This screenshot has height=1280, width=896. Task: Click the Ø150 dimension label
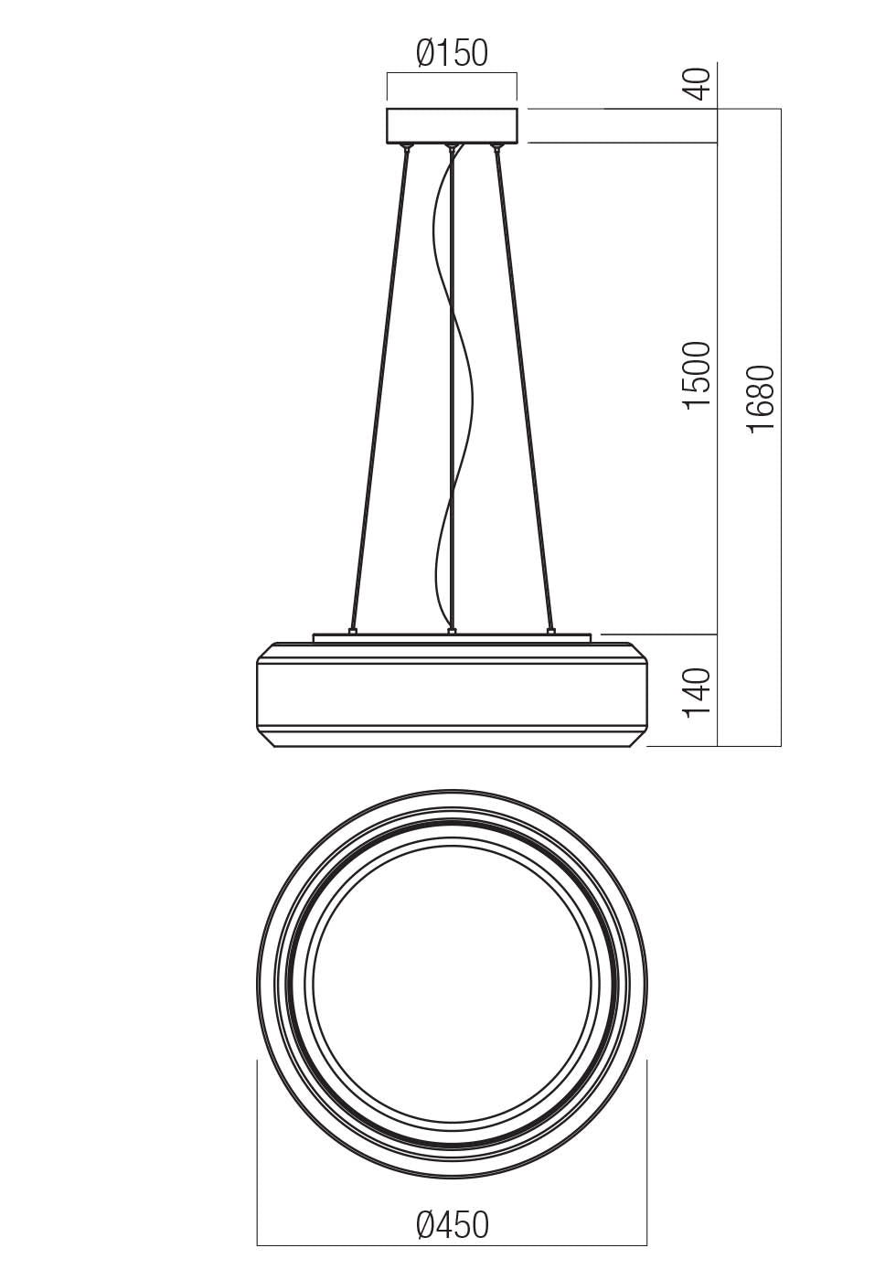coord(452,54)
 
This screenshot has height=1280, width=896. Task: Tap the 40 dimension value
coord(698,84)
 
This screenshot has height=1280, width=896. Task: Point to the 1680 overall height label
coord(761,400)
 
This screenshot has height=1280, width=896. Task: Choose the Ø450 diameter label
coord(452,1225)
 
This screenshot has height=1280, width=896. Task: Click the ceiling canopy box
coord(452,125)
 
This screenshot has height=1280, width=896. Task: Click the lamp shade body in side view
coord(452,695)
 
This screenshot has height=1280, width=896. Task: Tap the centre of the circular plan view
coord(452,983)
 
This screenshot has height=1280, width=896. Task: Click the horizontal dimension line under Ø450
coord(452,1245)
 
